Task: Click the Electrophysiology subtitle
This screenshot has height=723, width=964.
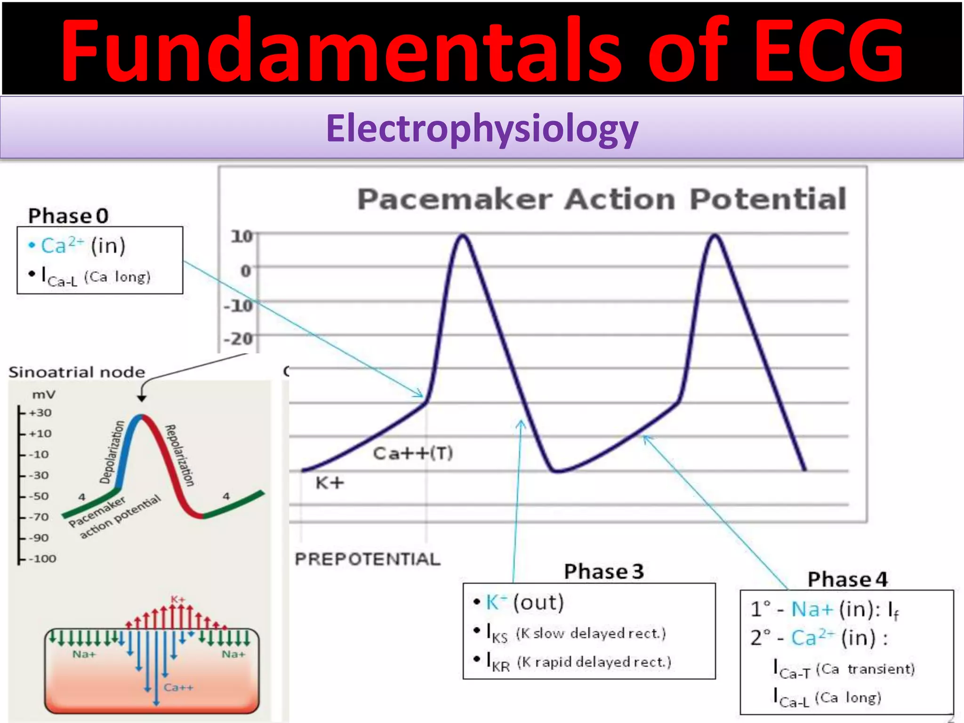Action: pos(482,128)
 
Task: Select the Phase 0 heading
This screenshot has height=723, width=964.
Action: pos(68,216)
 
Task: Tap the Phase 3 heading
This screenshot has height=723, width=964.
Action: pos(603,571)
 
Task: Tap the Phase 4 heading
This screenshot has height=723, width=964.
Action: pos(847,579)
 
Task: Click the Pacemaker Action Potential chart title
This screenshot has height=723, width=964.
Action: pos(602,199)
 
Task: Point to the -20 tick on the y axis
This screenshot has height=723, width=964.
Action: pos(238,338)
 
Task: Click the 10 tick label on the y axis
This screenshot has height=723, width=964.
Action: pos(241,236)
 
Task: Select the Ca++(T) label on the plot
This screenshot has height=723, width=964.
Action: pos(413,453)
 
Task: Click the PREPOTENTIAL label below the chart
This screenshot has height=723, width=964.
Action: pos(367,559)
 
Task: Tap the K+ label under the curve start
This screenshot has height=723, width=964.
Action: pos(329,483)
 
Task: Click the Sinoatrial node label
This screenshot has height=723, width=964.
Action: pos(77,372)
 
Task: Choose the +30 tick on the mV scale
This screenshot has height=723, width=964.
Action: pos(40,413)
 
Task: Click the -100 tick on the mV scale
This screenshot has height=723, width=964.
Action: pos(42,559)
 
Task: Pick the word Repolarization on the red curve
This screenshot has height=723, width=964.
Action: pos(179,455)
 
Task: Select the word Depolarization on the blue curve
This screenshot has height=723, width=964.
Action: pos(112,452)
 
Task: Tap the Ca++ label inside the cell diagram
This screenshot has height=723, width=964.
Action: pos(178,688)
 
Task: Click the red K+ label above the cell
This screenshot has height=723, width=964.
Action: pos(177,599)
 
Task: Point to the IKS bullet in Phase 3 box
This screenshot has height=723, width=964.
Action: pos(497,634)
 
